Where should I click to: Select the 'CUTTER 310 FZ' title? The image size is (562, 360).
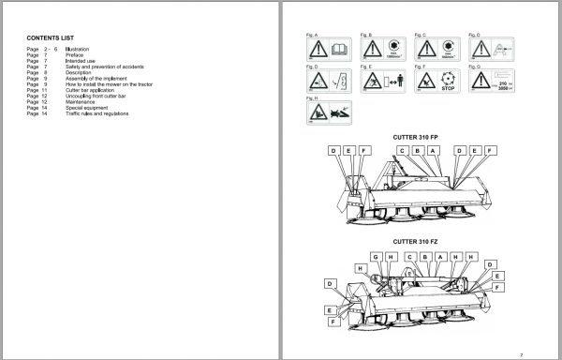click(414, 242)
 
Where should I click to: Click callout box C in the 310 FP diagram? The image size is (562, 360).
click(402, 151)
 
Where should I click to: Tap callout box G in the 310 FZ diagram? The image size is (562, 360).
click(375, 256)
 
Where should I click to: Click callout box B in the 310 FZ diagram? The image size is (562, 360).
click(424, 256)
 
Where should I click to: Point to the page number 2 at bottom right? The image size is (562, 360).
click(530, 352)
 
